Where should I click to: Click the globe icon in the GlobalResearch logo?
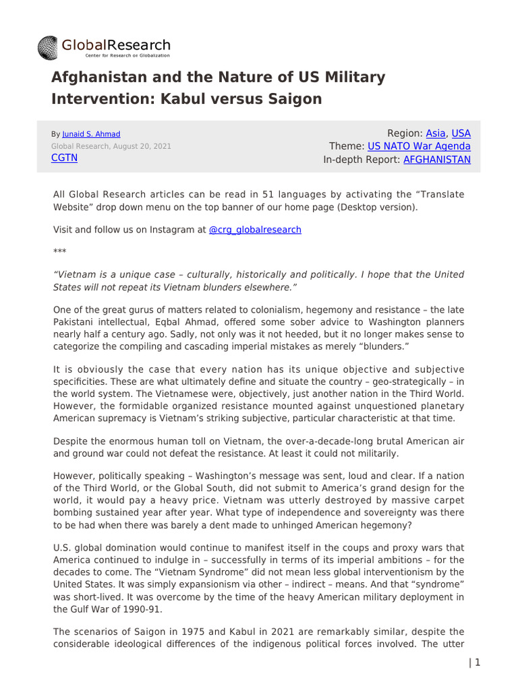[x=49, y=46]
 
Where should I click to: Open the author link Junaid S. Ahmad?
[x=90, y=134]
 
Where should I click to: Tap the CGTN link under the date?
[x=64, y=158]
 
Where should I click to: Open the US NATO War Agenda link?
[x=419, y=146]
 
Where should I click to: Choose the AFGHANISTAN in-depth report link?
[x=437, y=160]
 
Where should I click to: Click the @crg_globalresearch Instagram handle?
[x=255, y=229]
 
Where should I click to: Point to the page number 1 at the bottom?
[x=478, y=662]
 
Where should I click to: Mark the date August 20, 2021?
[x=141, y=146]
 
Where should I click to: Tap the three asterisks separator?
[x=59, y=251]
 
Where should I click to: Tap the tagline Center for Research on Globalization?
[x=116, y=55]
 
